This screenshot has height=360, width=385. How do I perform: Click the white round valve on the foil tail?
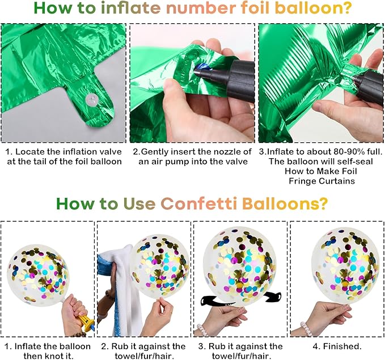coord(92,100)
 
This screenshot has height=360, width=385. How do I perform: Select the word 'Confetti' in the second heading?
coord(199,204)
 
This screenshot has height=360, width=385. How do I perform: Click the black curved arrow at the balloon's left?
coord(210,300)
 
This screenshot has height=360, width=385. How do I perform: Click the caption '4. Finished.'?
coord(337,346)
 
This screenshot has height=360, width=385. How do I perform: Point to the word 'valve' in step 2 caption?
coord(236,162)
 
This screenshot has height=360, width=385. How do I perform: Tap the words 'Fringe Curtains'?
coord(321,181)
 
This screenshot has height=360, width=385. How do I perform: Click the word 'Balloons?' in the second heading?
coord(285,204)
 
